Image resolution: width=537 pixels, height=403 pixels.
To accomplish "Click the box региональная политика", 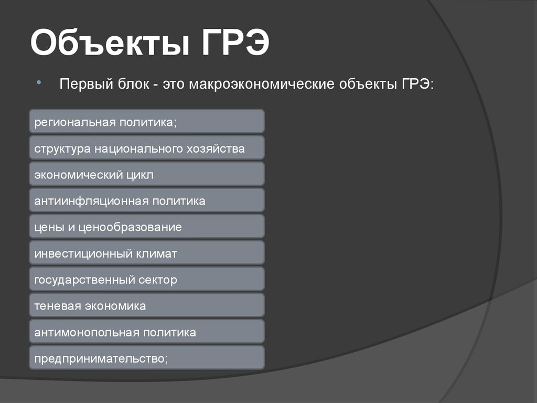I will [x=147, y=121].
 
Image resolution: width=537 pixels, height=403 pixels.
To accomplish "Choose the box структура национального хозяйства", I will [x=147, y=147].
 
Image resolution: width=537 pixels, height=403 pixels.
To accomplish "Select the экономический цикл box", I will [x=147, y=174].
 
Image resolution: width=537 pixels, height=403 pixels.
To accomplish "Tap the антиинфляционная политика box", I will [x=147, y=200].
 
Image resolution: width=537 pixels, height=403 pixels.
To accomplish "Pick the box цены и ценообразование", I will [x=147, y=226].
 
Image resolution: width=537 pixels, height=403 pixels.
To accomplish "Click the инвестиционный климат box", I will [x=147, y=253].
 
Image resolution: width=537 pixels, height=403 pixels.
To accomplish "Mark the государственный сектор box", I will [x=147, y=279].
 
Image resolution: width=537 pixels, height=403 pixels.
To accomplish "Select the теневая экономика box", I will [x=147, y=305].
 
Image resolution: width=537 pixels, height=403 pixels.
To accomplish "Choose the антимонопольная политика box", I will [x=147, y=332].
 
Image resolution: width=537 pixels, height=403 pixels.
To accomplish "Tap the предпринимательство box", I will [x=147, y=358].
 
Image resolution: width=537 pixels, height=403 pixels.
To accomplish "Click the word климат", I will [x=158, y=254].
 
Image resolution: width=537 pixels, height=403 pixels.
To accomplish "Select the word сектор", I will [x=158, y=280].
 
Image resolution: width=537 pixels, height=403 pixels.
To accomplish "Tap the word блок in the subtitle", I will [x=130, y=84].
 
